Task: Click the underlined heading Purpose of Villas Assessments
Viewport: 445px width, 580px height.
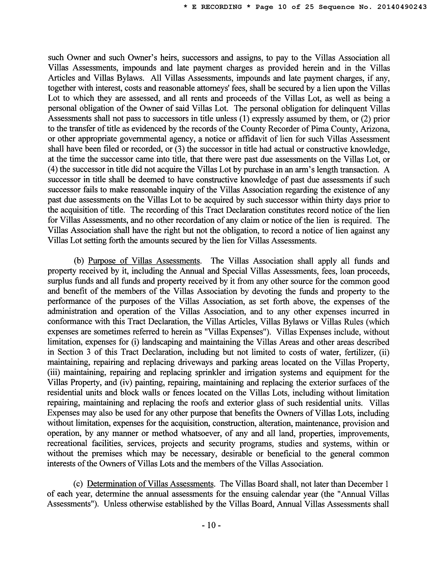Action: pos(144,261)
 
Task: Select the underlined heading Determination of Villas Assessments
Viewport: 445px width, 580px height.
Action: pos(150,484)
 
